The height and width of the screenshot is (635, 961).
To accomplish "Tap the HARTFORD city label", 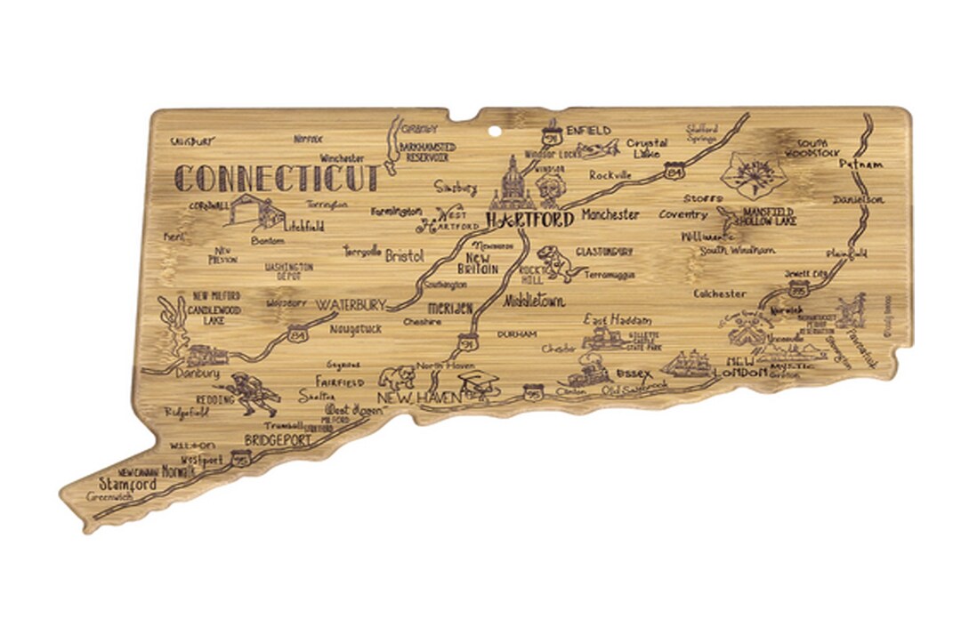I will point(529,219).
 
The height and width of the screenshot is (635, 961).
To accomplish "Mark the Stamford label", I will point(127,485).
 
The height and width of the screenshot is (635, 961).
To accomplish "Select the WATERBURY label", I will point(351,304).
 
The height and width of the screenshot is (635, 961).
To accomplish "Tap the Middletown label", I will point(534,301).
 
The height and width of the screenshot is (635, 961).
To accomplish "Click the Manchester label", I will point(610,214).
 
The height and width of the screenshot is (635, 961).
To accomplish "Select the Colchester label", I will point(720,293).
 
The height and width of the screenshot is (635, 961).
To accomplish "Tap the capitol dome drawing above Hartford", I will point(514,182).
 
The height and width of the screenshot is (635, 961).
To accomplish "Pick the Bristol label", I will point(404,256).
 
